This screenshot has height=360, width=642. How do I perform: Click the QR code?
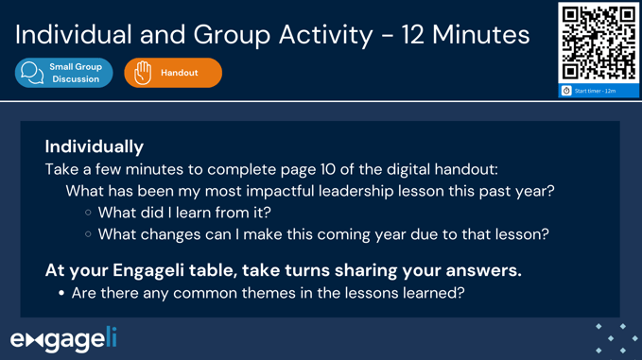tap(599, 43)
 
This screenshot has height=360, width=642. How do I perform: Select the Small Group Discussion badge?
tap(63, 73)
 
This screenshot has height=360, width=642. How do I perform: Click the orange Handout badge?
tap(173, 73)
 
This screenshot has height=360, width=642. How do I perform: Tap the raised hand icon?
tap(143, 73)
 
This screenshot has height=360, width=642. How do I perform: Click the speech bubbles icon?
tap(32, 73)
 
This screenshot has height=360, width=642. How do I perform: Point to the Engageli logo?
tap(62, 337)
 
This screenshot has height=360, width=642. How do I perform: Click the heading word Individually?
tap(95, 146)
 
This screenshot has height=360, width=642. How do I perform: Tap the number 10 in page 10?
tap(327, 170)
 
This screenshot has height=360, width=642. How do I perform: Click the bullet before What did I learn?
tap(88, 213)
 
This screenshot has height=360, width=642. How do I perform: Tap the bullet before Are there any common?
tap(61, 293)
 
